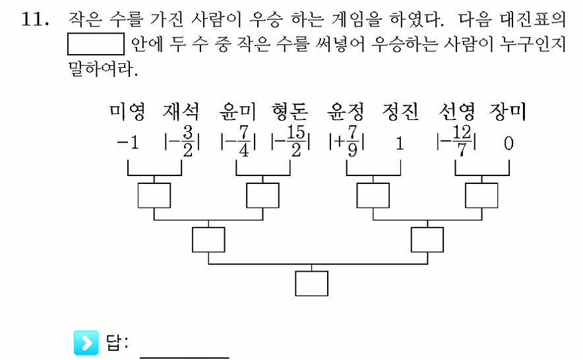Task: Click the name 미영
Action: pos(127,111)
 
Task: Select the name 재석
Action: pos(181,111)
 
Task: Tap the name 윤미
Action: pos(237,111)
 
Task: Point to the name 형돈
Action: pos(290,111)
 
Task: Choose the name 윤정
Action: pos(346,111)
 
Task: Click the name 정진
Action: pos(400,111)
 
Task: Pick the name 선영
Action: pos(456,111)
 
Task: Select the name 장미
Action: pos(508,111)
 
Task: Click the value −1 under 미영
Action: pos(128,143)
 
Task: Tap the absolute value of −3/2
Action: pos(182,142)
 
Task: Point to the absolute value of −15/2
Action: pos(291,141)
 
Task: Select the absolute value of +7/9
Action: pos(346,142)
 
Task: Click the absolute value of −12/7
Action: pos(456,141)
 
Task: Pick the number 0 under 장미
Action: pos(508,143)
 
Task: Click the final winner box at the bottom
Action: pos(311,284)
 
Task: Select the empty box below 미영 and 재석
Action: pos(154,195)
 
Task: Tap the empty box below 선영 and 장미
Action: pos(481,195)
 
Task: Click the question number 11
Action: pos(35,19)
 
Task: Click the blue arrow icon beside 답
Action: pos(86,342)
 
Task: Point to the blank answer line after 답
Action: pos(185,358)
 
